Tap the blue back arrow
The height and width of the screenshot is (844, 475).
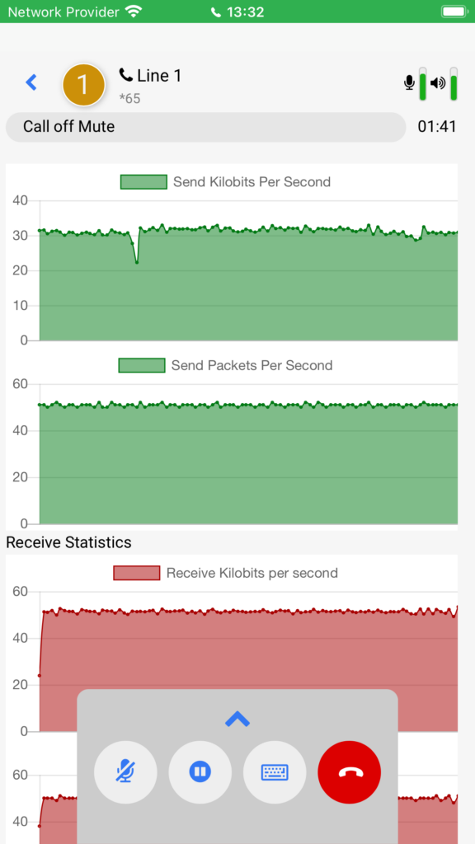32,82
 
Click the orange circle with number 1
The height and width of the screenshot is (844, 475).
83,84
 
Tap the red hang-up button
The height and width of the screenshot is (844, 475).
350,772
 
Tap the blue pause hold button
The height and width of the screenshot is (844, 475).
200,772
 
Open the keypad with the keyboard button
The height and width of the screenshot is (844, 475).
275,772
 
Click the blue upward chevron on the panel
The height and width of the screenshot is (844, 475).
237,719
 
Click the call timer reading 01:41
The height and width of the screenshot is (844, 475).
437,127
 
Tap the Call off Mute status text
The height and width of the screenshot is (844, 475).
69,127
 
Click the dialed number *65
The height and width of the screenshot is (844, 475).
129,99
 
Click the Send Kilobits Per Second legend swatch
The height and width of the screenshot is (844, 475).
143,182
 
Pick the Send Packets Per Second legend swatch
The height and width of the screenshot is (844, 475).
142,365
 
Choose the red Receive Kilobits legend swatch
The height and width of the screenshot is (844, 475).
137,573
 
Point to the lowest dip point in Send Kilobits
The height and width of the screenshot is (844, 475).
137,263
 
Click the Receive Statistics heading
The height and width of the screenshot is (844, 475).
69,542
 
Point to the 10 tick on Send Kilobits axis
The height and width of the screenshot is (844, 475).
20,306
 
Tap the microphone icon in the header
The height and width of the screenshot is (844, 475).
409,82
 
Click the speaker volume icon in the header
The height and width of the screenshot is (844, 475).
438,83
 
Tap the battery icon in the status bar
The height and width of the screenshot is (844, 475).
454,12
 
